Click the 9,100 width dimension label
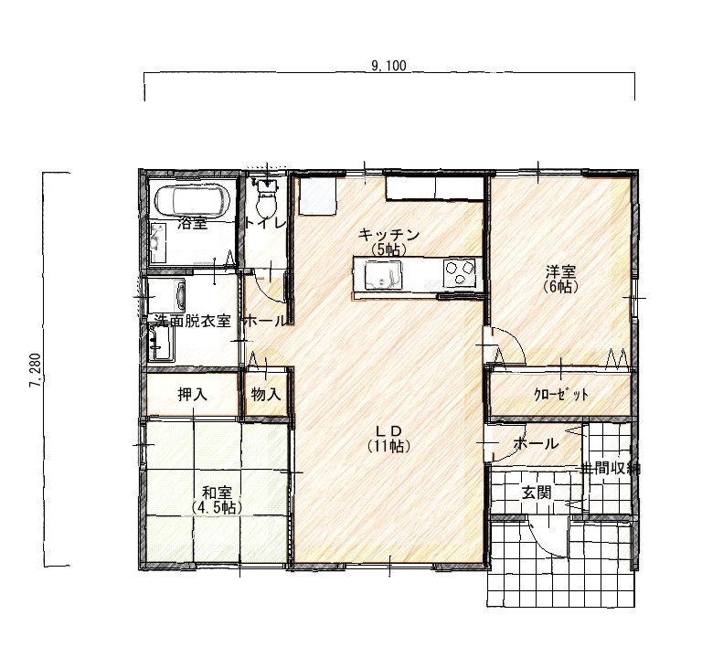point(388,67)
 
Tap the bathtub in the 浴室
point(193,200)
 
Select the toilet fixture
point(266,199)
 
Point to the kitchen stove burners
point(460,272)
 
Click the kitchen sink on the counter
point(383,275)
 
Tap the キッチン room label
point(389,234)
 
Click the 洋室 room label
point(561,271)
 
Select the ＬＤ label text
point(388,430)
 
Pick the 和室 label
point(217,493)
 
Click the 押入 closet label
point(193,395)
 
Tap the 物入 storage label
point(266,395)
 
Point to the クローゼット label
point(561,395)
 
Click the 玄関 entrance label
point(536,493)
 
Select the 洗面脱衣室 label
point(193,321)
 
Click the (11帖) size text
point(388,446)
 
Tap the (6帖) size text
point(561,286)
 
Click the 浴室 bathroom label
point(193,223)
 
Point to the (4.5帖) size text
point(217,507)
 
